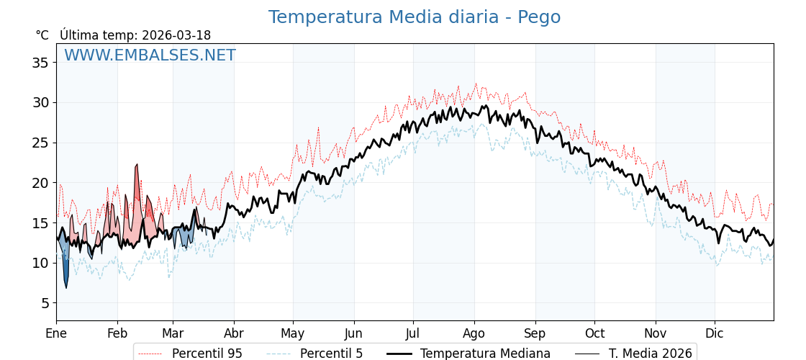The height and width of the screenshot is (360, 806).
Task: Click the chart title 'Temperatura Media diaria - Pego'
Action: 414,17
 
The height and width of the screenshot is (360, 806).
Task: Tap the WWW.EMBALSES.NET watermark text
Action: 150,55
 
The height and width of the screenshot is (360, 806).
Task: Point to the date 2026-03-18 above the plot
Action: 176,35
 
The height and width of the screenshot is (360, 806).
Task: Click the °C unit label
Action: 42,35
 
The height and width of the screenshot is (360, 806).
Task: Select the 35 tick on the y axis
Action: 40,63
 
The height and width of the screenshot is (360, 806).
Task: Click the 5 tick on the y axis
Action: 45,303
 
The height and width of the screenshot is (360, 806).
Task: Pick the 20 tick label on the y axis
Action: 40,183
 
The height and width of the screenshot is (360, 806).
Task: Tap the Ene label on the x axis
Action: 56,333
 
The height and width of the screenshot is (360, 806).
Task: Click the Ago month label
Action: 474,333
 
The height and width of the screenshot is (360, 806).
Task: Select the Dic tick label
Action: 715,333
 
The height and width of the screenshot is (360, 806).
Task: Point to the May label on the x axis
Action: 293,333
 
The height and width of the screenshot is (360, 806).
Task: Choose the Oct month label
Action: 594,333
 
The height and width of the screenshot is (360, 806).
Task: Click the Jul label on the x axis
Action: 413,333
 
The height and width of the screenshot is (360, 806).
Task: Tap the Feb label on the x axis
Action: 117,333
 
